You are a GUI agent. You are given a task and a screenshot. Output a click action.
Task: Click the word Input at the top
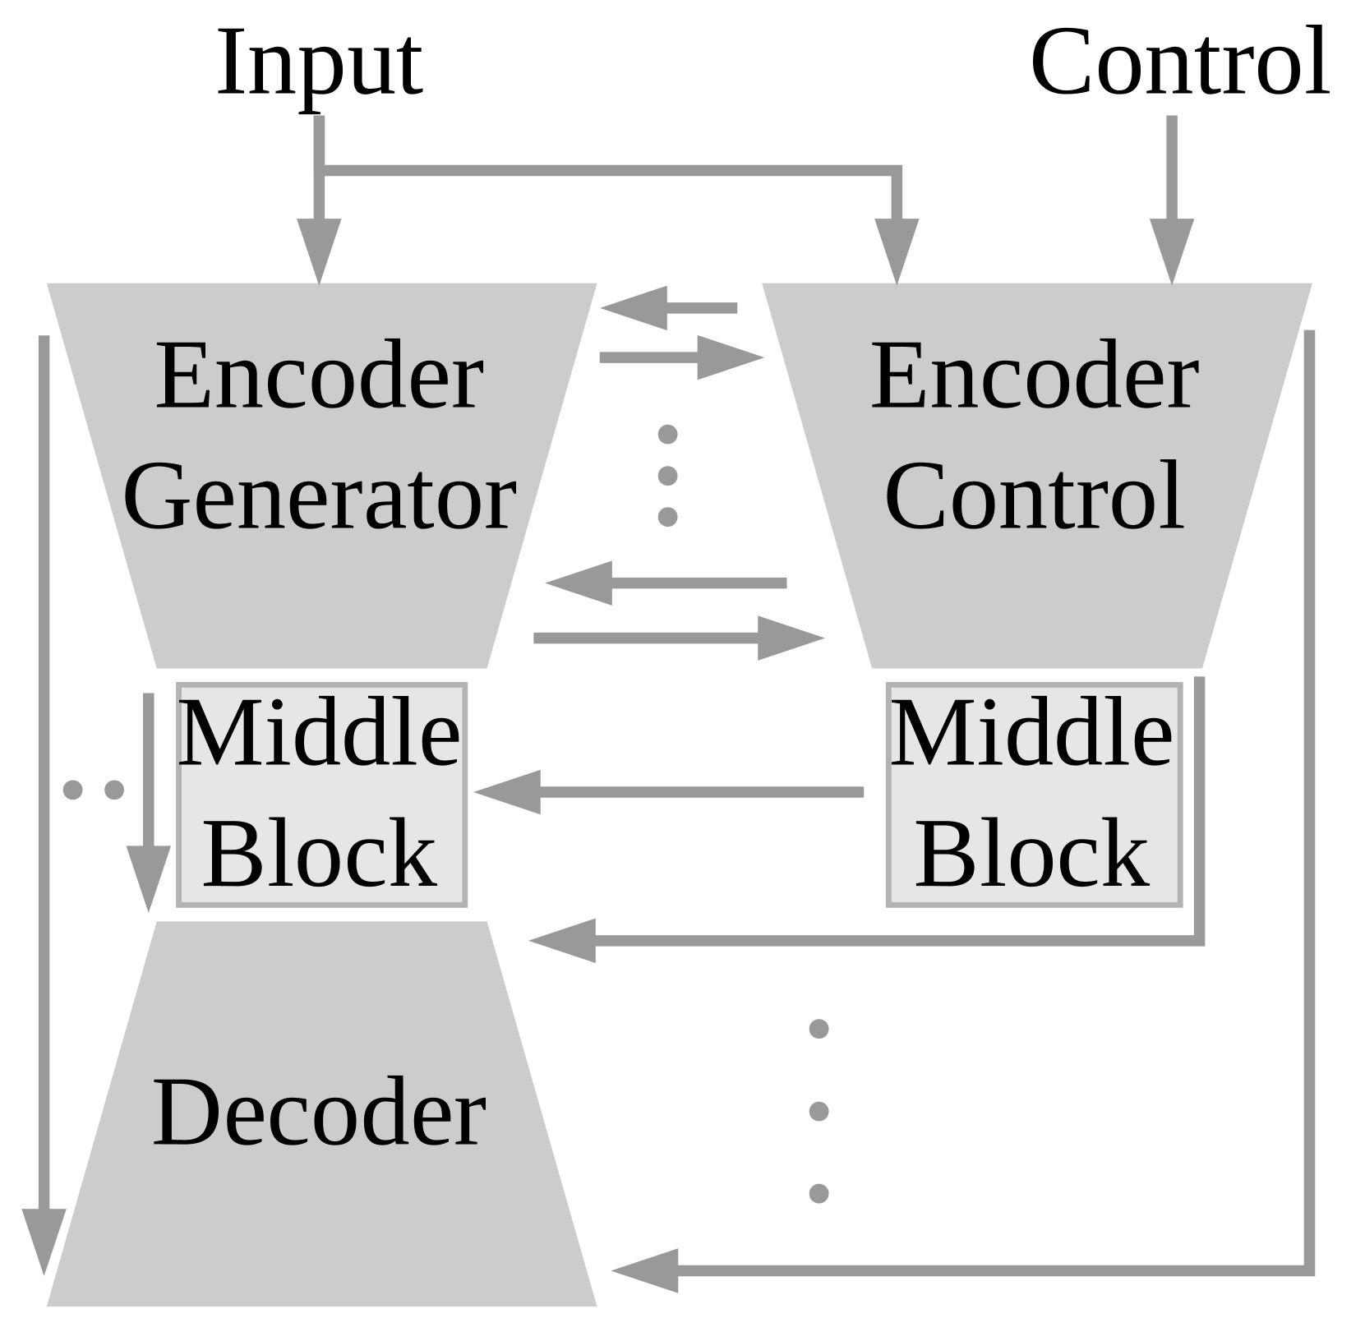coord(319,64)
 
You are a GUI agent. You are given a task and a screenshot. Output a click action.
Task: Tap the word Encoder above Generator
coord(319,377)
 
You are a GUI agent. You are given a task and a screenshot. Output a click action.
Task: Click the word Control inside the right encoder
coord(1034,496)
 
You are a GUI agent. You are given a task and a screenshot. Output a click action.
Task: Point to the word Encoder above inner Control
coord(1034,377)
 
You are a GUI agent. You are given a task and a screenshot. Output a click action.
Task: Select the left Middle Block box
coord(321,795)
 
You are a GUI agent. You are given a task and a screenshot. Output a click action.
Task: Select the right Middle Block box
coord(1033,795)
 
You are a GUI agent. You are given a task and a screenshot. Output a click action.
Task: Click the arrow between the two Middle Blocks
coord(667,792)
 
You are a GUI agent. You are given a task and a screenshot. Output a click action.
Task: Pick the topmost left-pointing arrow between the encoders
coord(667,308)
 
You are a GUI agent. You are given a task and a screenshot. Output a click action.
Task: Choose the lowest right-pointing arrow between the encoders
coord(678,638)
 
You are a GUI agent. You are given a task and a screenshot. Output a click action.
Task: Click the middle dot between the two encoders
coord(667,475)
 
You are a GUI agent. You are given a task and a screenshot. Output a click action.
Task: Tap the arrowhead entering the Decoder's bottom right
coord(646,1270)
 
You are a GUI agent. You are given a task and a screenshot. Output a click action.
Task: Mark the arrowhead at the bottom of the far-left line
coord(44,1240)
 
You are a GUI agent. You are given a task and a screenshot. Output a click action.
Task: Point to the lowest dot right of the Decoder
coord(819,1193)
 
